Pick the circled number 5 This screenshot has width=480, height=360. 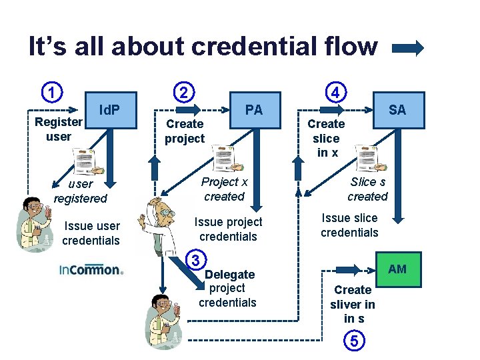pyautogui.click(x=354, y=341)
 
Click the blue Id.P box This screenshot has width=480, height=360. pyautogui.click(x=111, y=109)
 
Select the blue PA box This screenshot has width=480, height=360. pyautogui.click(x=254, y=109)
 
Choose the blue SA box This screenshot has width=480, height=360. pyautogui.click(x=397, y=109)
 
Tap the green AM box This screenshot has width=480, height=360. pyautogui.click(x=397, y=269)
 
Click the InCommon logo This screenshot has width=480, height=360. pyautogui.click(x=91, y=270)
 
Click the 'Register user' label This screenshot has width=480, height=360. pyautogui.click(x=59, y=129)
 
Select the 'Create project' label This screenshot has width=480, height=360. pyautogui.click(x=185, y=131)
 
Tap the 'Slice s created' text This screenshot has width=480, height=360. pyautogui.click(x=367, y=189)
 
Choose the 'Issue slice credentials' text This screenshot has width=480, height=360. pyautogui.click(x=349, y=225)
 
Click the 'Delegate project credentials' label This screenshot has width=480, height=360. pyautogui.click(x=228, y=289)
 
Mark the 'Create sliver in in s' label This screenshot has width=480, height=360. pyautogui.click(x=353, y=304)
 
